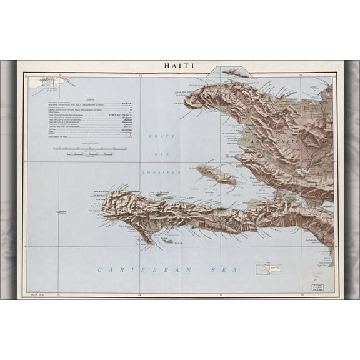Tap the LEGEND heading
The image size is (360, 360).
coord(90,99)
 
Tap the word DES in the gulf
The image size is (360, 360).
coord(164,153)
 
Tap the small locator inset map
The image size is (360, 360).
coord(269,269)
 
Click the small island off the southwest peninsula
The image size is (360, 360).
coord(167,240)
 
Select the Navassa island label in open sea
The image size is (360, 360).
coord(62,212)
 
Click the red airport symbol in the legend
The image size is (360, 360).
coord(129,134)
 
